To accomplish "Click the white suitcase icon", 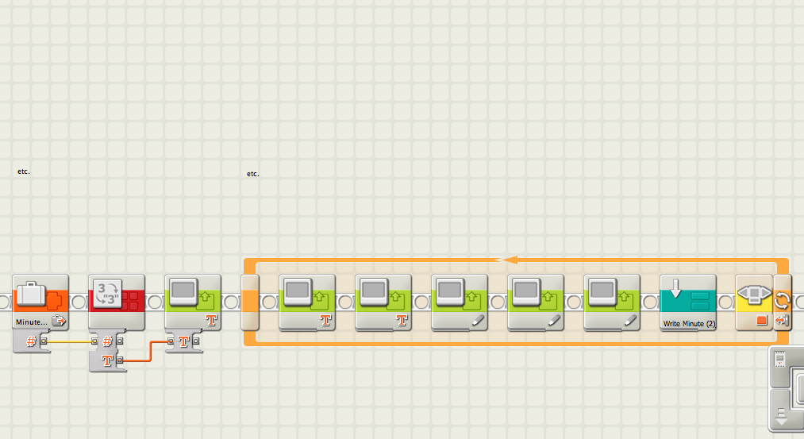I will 30,294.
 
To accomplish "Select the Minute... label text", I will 31,322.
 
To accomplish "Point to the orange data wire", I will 151,349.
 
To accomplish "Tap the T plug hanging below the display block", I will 184,341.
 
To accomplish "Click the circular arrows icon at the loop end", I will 782,300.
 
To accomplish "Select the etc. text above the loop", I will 253,173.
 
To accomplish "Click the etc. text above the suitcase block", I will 24,171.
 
